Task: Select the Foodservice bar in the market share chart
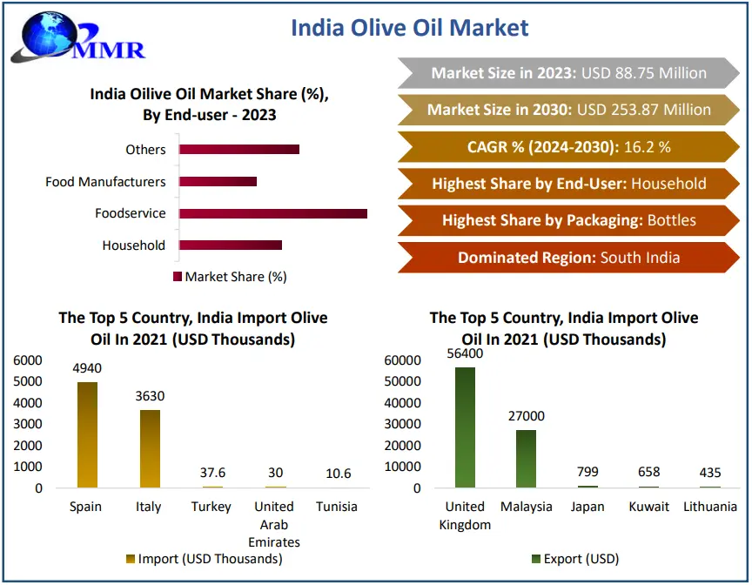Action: pos(273,213)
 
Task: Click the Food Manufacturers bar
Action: pos(218,181)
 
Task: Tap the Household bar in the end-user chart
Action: pos(231,245)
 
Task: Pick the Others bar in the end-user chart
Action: pos(239,150)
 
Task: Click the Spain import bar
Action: pos(87,434)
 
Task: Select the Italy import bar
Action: pos(150,448)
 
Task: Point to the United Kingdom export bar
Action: pos(465,427)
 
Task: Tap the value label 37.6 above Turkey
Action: pos(212,473)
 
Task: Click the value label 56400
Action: pos(465,353)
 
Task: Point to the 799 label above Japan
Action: pos(587,473)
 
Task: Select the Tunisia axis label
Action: pos(336,507)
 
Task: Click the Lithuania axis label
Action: pos(710,507)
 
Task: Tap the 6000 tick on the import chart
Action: pos(27,360)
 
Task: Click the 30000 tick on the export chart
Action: pos(403,425)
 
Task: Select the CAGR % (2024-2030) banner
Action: pos(568,147)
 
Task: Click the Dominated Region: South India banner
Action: pos(568,258)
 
